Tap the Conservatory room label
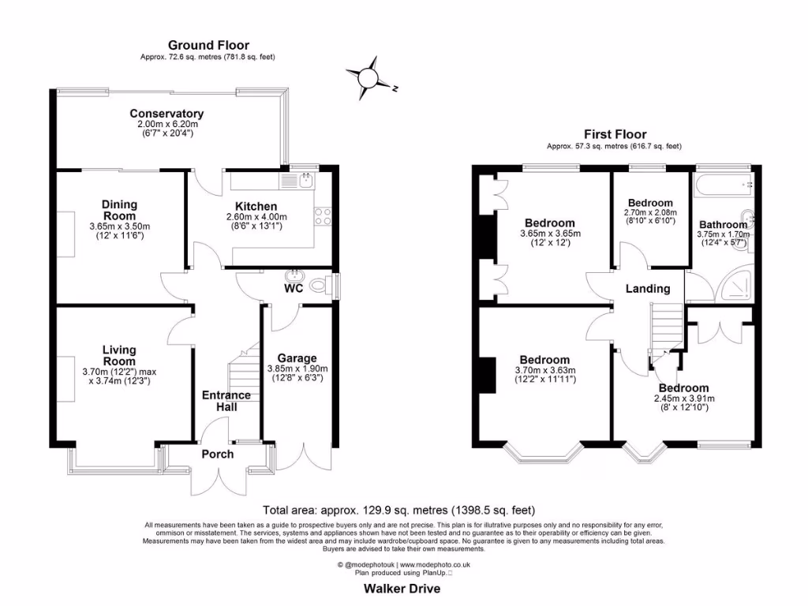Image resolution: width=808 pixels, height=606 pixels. click(166, 114)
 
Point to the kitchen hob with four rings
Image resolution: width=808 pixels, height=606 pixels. click(323, 216)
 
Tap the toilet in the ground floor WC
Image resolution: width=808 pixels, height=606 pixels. click(320, 286)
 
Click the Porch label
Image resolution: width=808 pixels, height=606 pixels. click(217, 454)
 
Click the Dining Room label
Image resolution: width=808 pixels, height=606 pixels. click(119, 210)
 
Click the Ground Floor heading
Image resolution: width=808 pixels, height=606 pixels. click(208, 46)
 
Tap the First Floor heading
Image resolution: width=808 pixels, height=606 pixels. click(615, 135)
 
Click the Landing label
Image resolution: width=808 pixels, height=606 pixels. click(648, 289)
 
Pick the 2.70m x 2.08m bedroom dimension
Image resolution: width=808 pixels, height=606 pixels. click(650, 213)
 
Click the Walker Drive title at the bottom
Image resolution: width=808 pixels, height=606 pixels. click(402, 589)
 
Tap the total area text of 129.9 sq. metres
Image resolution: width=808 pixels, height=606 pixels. click(403, 511)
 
